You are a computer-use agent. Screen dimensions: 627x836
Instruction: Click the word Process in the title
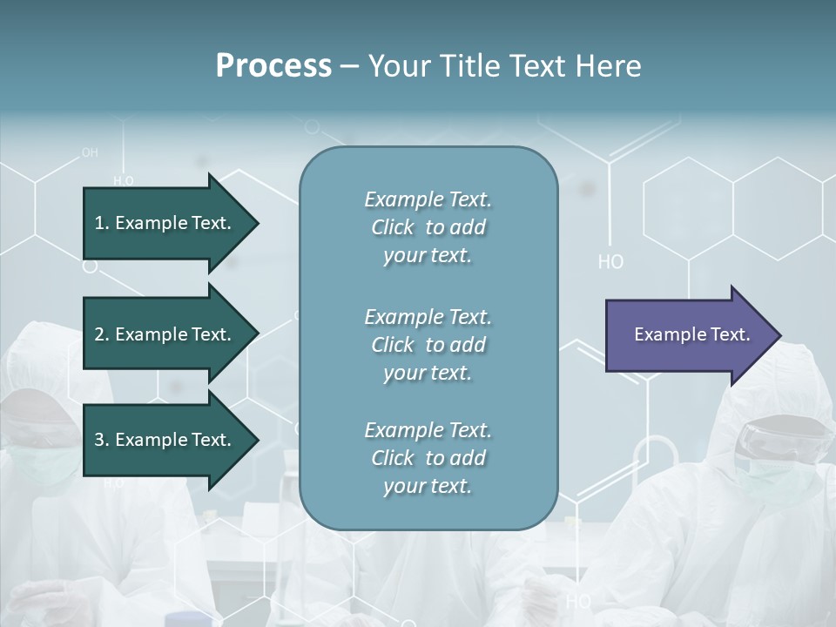pyautogui.click(x=273, y=66)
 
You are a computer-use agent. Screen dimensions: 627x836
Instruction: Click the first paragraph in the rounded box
pyautogui.click(x=428, y=227)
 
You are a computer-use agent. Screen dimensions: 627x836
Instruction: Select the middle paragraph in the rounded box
pyautogui.click(x=428, y=345)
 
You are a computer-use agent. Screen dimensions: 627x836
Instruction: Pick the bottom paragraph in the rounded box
pyautogui.click(x=428, y=458)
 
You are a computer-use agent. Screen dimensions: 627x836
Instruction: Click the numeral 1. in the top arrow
pyautogui.click(x=101, y=223)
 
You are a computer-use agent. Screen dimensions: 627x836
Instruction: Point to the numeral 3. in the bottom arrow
pyautogui.click(x=101, y=440)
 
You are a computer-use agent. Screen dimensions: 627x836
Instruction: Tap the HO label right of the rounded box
pyautogui.click(x=610, y=262)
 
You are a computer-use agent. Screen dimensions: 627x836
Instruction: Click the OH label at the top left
pyautogui.click(x=90, y=152)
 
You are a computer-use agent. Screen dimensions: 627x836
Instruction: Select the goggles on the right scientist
pyautogui.click(x=779, y=440)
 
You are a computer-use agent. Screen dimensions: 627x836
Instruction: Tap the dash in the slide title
pyautogui.click(x=349, y=66)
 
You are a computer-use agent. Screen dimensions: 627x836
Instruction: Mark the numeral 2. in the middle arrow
pyautogui.click(x=101, y=334)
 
